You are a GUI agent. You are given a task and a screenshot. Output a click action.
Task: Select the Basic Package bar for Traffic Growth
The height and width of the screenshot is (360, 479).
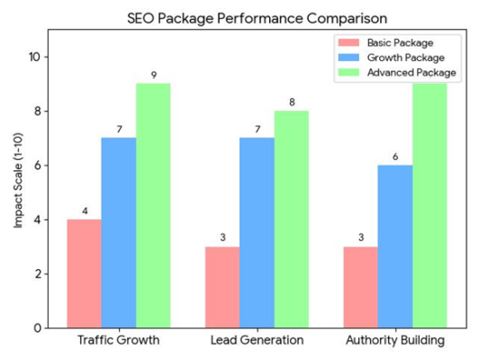[84, 273]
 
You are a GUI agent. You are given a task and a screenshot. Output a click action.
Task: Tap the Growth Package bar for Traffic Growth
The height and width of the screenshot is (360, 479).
[119, 232]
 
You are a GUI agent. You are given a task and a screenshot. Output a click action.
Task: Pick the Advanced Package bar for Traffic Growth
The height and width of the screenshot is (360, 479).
[153, 205]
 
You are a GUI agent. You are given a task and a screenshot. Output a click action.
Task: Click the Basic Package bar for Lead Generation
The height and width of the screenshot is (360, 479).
[222, 286]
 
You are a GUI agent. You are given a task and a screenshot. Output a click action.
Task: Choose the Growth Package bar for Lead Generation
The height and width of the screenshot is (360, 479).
[257, 232]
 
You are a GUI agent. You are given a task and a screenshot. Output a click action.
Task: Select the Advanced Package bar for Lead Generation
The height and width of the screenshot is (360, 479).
[292, 219]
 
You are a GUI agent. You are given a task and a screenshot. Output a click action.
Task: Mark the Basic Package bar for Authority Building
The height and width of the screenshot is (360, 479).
[361, 286]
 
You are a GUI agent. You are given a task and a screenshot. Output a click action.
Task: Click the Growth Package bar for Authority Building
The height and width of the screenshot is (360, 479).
[395, 246]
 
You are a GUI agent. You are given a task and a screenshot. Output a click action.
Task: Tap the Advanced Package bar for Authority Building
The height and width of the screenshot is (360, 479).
[429, 205]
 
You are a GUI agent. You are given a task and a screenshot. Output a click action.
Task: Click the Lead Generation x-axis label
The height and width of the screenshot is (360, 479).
[257, 341]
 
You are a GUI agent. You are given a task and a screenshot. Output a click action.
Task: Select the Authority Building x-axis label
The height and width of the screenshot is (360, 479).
[395, 341]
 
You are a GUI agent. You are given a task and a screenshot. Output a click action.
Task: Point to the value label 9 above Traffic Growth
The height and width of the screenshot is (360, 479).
[154, 76]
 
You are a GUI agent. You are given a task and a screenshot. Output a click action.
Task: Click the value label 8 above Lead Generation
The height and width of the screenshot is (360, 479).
[292, 103]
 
